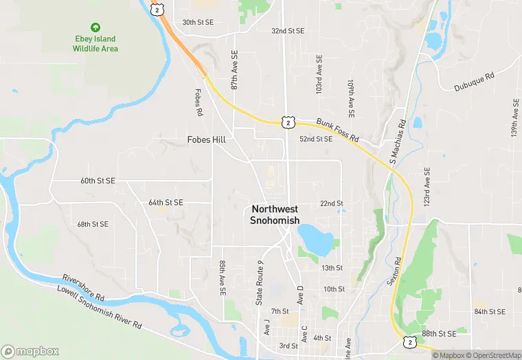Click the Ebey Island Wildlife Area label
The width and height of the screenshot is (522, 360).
pos(95,44)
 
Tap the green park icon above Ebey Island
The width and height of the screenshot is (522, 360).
pos(95,27)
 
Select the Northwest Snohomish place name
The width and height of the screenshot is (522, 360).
pos(275,214)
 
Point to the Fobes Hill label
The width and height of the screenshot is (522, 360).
pos(206,139)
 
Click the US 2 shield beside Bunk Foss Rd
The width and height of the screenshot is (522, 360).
pos(288,122)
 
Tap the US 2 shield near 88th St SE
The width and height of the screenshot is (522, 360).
pos(409,341)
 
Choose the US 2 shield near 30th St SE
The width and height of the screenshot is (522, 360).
pos(159,10)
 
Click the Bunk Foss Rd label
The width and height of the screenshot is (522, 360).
pos(338,130)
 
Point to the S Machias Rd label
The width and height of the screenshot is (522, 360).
pos(398,142)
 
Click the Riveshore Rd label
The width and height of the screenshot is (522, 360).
pos(83,288)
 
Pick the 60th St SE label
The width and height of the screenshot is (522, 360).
pos(98,181)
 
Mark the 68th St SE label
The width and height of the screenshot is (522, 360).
pos(93,225)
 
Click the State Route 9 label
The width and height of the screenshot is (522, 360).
pos(260,282)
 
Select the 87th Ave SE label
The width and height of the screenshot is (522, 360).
pos(234,70)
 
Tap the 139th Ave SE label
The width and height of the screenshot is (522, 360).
pos(514,119)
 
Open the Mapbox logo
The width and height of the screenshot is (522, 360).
pos(30,351)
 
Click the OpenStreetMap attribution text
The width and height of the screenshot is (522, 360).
pos(493,355)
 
